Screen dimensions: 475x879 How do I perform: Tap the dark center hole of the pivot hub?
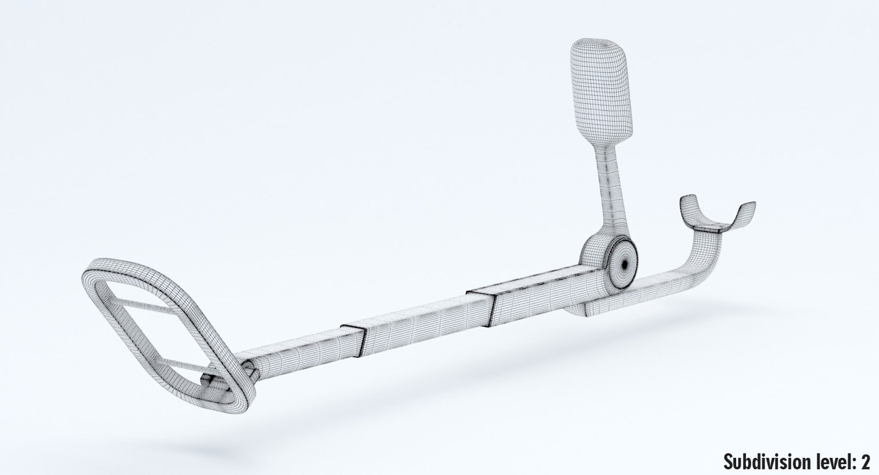click(x=624, y=264)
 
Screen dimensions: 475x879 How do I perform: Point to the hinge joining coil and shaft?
click(x=250, y=366)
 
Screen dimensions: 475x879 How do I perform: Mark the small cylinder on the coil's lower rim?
click(x=207, y=379)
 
